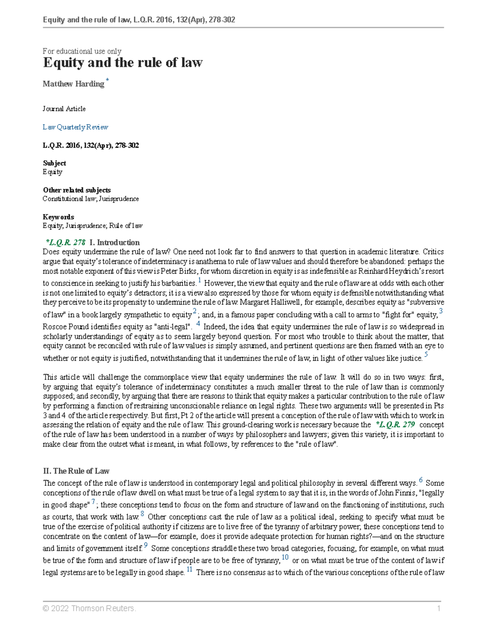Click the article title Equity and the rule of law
pyautogui.click(x=123, y=62)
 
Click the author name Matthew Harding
pyautogui.click(x=73, y=84)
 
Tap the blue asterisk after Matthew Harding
pyautogui.click(x=107, y=80)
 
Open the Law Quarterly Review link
pyautogui.click(x=75, y=127)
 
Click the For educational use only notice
pyautogui.click(x=82, y=51)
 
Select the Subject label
pyautogui.click(x=54, y=163)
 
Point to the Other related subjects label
pyautogui.click(x=77, y=190)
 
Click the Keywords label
pyautogui.click(x=58, y=217)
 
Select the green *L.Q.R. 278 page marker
pyautogui.click(x=65, y=243)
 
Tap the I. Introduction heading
pyautogui.click(x=114, y=243)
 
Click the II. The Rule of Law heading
pyautogui.click(x=76, y=471)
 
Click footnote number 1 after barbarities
pyautogui.click(x=200, y=280)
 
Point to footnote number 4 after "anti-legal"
pyautogui.click(x=198, y=324)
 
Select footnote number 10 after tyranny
pyautogui.click(x=285, y=557)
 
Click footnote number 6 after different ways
pyautogui.click(x=421, y=480)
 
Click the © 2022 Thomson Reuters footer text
pyautogui.click(x=89, y=608)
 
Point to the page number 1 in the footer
pyautogui.click(x=439, y=608)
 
